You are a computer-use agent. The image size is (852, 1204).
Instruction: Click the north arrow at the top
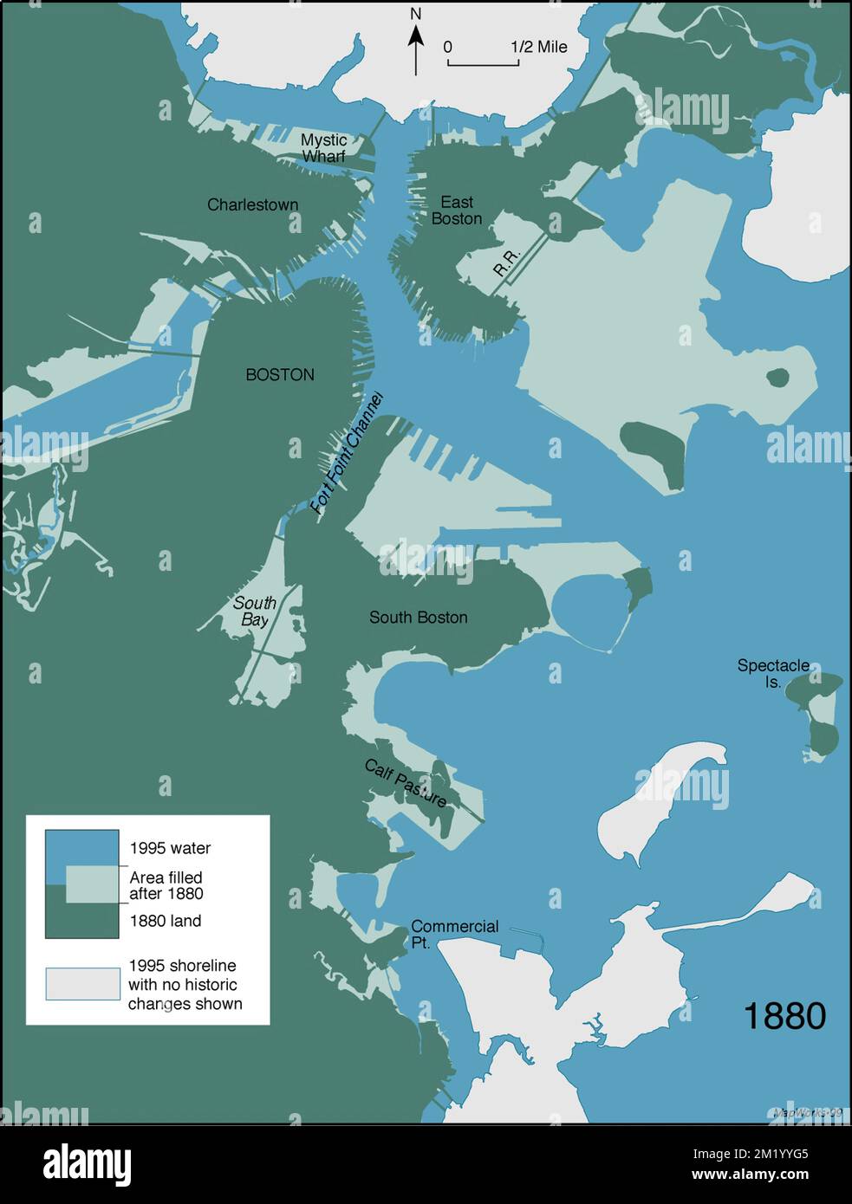416,43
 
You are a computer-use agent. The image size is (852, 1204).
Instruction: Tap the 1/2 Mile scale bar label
538,47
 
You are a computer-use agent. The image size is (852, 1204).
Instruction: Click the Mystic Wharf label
323,148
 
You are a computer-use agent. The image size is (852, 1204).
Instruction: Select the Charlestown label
252,205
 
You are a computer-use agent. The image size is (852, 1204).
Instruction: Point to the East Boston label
456,210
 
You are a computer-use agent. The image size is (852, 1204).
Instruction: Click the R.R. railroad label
505,262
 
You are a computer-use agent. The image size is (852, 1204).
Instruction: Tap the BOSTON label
280,375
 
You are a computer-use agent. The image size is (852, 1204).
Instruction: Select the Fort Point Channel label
347,453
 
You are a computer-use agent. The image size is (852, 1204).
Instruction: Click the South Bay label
255,612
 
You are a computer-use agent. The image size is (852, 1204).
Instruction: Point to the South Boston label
418,618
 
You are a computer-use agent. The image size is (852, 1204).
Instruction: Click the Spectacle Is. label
773,673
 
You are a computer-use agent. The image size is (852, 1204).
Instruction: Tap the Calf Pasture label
406,783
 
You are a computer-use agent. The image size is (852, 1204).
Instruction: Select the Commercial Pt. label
453,934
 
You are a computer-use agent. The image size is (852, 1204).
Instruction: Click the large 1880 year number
784,1016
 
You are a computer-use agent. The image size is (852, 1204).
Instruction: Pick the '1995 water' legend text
170,849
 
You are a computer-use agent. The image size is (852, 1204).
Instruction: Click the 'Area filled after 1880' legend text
166,885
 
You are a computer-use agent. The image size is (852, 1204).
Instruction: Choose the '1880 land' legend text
165,921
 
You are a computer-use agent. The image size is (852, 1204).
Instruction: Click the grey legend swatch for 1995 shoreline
83,984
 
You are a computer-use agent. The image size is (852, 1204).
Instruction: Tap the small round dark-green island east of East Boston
777,378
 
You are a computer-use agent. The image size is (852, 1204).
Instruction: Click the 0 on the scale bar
447,47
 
